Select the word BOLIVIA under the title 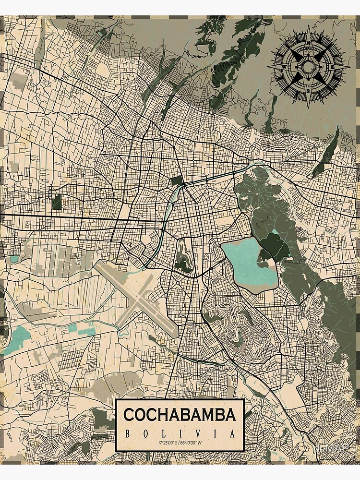click(x=180, y=434)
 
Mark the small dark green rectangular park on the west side click(x=57, y=202)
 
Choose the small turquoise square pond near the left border click(x=14, y=259)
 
